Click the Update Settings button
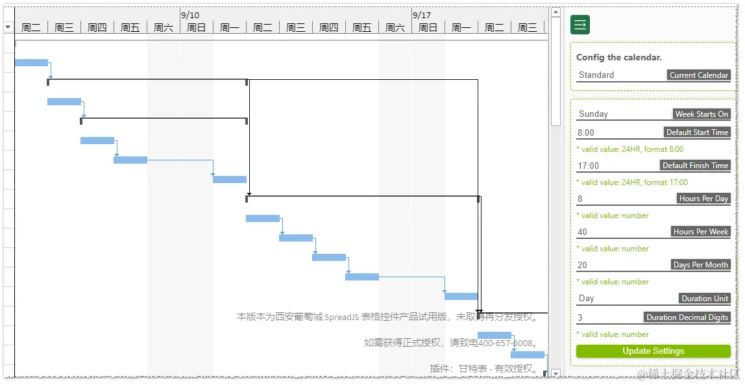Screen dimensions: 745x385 click(653, 351)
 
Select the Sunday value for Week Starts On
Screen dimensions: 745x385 click(593, 114)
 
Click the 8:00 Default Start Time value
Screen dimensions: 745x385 click(586, 132)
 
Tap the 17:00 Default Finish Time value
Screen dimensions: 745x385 click(589, 166)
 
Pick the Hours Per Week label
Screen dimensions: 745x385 click(701, 232)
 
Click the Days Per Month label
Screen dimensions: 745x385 click(701, 265)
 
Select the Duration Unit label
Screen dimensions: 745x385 click(705, 299)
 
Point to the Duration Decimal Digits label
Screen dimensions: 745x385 click(687, 317)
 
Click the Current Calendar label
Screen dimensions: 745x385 click(699, 75)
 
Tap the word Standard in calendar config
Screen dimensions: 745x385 click(596, 75)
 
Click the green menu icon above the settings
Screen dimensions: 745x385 click(580, 25)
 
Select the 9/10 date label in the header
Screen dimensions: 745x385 click(190, 15)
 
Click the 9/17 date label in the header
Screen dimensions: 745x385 click(422, 15)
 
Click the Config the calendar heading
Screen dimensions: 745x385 click(619, 58)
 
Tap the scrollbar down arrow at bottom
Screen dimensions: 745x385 click(556, 373)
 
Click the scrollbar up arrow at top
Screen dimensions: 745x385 click(556, 12)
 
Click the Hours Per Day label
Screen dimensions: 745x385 click(703, 199)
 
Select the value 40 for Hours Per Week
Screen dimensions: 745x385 click(582, 232)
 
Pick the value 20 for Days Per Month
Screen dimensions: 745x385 click(582, 265)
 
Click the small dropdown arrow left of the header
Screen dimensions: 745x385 click(8, 27)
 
